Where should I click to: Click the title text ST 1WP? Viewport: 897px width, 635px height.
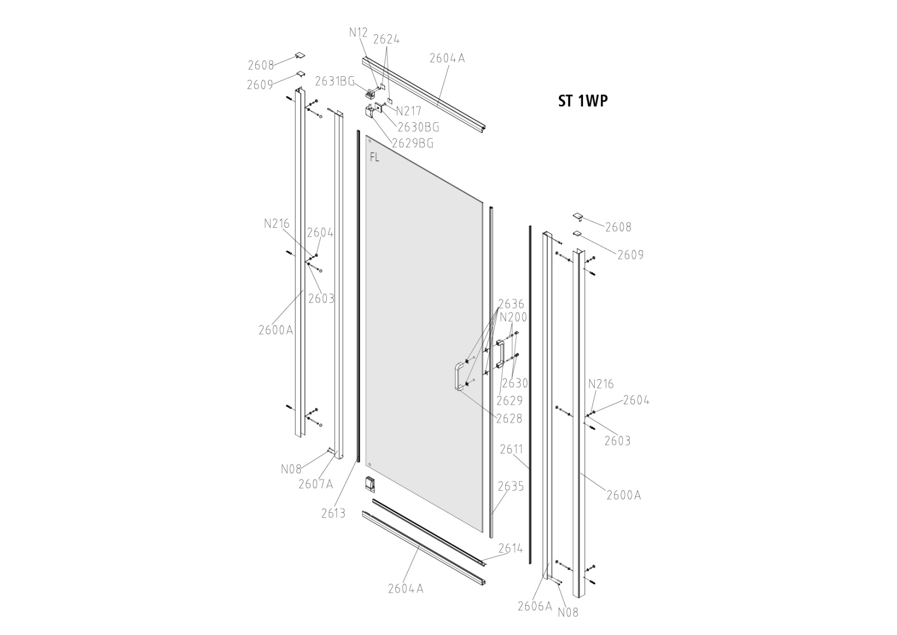coord(582,100)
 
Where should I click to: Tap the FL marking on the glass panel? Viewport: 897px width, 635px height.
coord(374,158)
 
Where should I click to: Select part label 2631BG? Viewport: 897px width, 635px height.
coord(335,81)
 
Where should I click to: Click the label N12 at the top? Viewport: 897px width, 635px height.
coord(358,33)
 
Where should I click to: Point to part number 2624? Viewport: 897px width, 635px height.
coord(386,39)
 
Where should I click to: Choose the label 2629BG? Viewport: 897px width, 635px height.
coord(413,143)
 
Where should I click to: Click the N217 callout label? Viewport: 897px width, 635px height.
coord(408,111)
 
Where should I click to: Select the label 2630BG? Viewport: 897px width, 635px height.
coord(418,127)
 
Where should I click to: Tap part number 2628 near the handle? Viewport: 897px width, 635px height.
coord(509,418)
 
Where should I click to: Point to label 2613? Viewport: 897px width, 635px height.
coord(334,513)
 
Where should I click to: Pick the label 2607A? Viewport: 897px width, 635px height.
coord(316,484)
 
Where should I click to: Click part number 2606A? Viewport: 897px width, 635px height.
coord(535,606)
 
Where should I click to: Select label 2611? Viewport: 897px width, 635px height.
coord(511,449)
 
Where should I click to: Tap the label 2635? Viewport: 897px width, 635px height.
coord(511,486)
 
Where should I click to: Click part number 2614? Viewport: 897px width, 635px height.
coord(510,548)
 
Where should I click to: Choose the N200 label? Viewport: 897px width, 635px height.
coord(514,317)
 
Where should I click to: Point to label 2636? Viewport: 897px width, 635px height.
coord(511,304)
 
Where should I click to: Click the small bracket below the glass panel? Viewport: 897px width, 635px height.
coord(369,483)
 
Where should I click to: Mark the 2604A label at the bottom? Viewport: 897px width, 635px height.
coord(405,588)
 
